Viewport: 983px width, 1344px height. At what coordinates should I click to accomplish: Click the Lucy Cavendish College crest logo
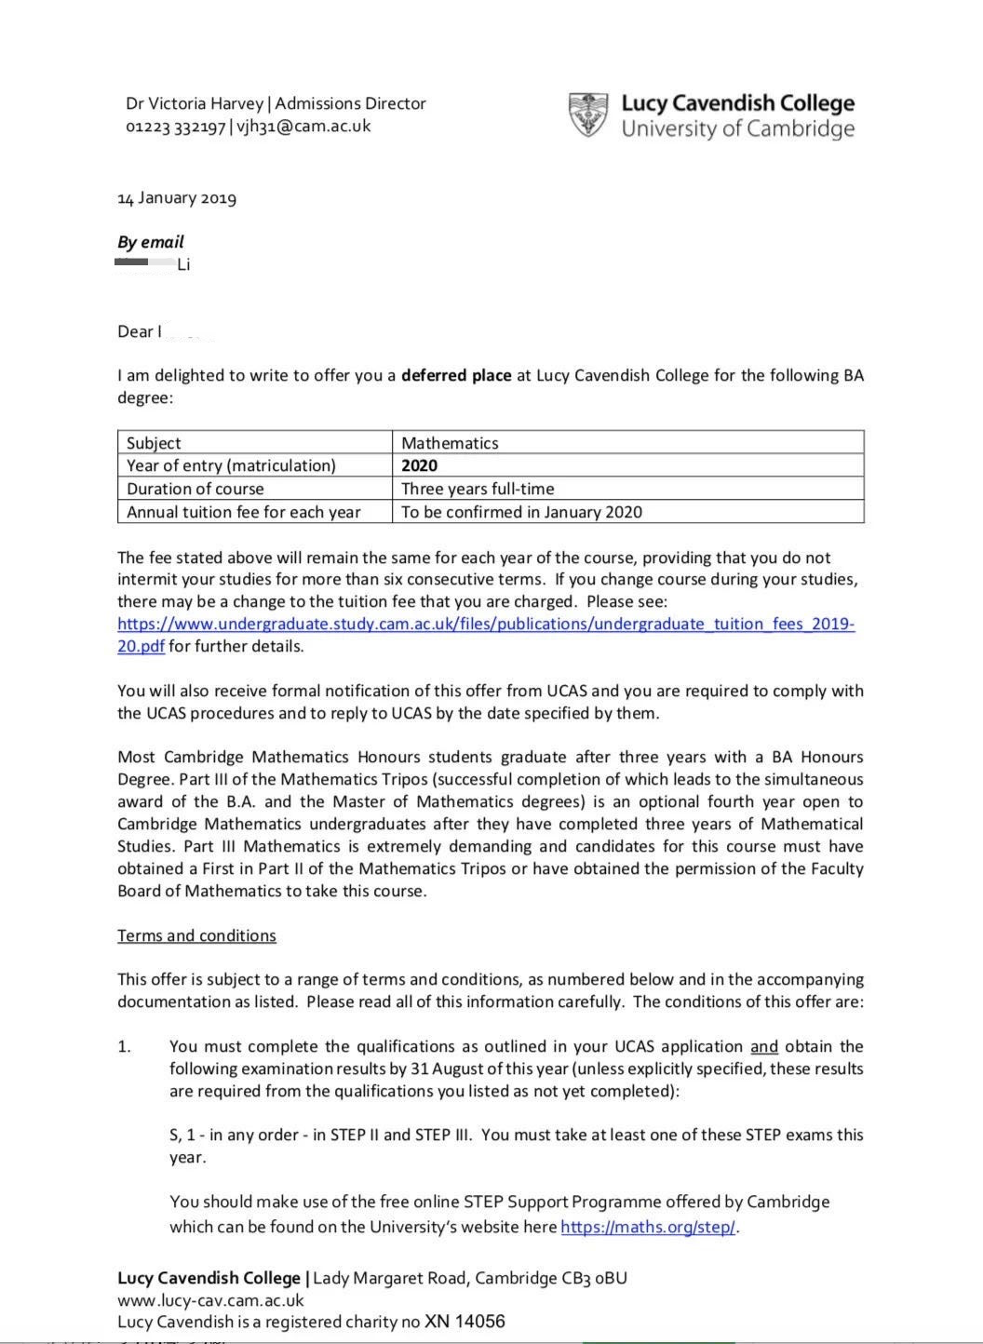(587, 114)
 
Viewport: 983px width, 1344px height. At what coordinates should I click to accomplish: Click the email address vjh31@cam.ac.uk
(303, 127)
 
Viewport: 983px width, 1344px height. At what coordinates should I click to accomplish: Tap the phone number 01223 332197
(175, 127)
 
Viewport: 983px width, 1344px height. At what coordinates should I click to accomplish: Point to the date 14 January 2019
(177, 197)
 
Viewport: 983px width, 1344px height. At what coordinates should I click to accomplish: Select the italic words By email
(151, 242)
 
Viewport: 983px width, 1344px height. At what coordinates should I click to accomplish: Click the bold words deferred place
(456, 375)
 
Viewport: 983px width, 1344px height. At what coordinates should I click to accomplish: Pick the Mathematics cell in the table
(450, 443)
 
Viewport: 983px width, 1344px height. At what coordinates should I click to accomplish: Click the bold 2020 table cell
(419, 465)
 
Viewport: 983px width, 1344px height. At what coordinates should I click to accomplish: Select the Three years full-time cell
(478, 489)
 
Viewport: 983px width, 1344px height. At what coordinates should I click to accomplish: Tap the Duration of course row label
(195, 489)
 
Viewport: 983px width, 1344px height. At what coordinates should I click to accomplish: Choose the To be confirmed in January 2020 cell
(521, 512)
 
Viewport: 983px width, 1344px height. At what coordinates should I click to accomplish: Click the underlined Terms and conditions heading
(196, 935)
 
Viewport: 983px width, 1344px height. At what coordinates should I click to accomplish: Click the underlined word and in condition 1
(764, 1046)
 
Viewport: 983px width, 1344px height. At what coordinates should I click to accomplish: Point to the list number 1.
(124, 1046)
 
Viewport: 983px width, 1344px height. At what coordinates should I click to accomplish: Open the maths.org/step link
(648, 1227)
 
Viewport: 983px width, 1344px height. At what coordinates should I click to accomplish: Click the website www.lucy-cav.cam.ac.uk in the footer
(210, 1300)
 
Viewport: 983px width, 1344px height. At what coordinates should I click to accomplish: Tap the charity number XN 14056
(465, 1322)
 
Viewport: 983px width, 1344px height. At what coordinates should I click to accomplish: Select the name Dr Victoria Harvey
(195, 103)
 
